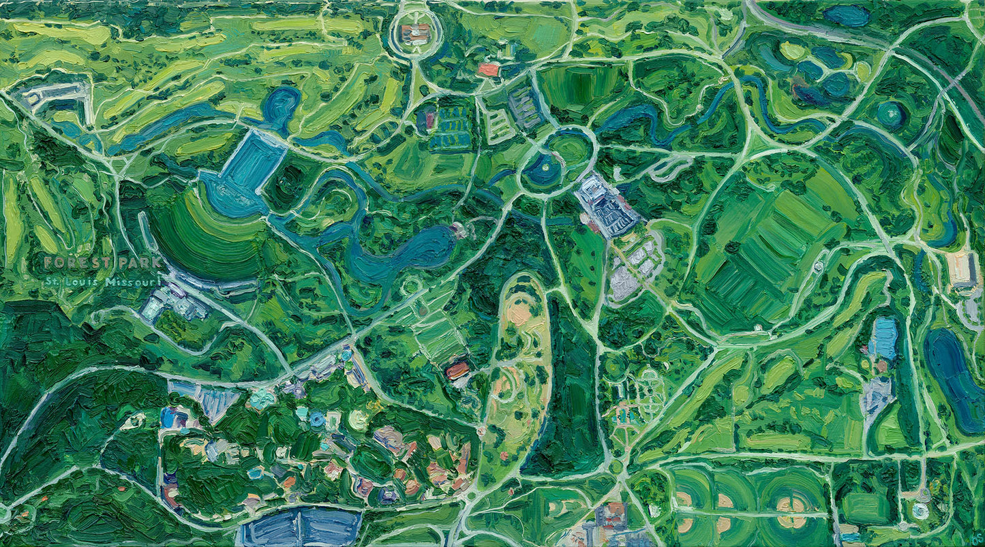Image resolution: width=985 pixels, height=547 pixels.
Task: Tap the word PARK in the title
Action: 140,262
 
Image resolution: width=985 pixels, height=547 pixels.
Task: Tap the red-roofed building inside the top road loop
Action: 415,32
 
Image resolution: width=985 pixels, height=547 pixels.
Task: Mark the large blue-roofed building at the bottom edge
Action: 302,527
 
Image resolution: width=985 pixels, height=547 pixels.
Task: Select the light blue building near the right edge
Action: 885,338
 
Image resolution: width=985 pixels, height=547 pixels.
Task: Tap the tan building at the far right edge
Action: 962,268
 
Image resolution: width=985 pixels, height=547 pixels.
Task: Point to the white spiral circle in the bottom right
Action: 920,510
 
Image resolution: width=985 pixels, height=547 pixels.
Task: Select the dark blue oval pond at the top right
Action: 846,14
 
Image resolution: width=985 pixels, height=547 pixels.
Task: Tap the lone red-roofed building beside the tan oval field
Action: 457,370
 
